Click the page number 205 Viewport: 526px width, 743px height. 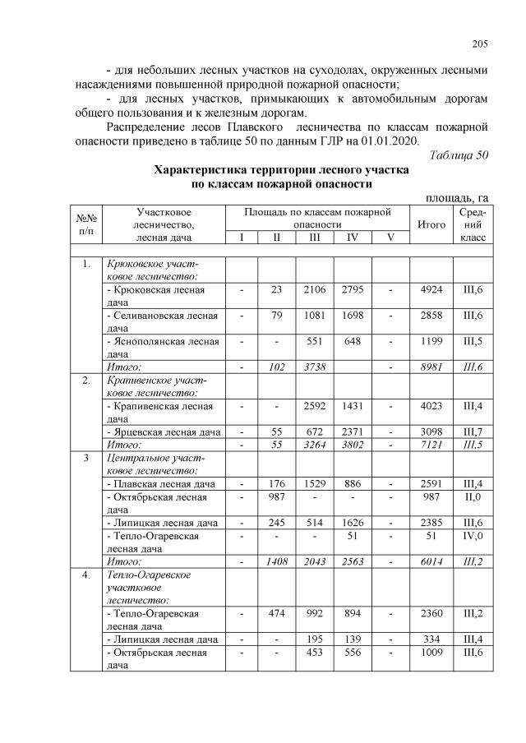(481, 44)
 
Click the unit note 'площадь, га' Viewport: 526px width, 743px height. (457, 197)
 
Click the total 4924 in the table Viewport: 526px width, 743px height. (431, 289)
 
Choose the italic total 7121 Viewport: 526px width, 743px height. (431, 445)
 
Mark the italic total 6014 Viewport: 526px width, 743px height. (431, 561)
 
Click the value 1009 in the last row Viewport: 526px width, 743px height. (431, 651)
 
